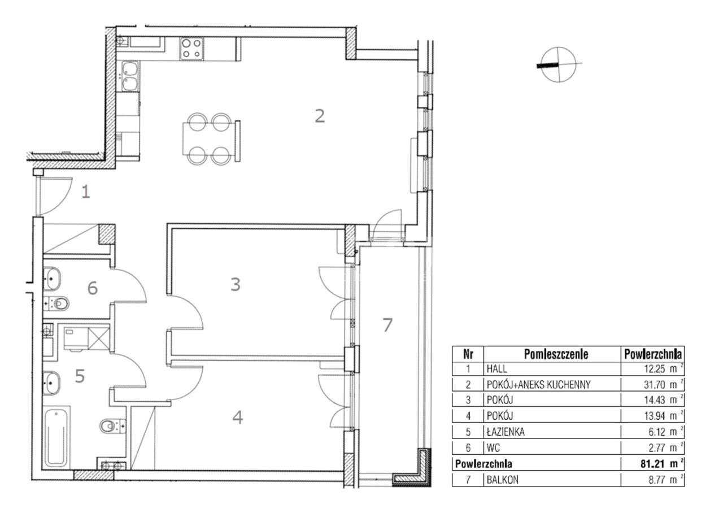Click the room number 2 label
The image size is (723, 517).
(320, 116)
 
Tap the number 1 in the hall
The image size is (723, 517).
(85, 193)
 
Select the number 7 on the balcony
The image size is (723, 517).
(387, 325)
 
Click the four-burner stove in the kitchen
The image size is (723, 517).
(191, 48)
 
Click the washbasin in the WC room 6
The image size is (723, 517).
(53, 277)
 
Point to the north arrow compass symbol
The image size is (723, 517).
(559, 63)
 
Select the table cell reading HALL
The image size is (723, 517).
(497, 370)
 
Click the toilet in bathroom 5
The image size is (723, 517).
(111, 425)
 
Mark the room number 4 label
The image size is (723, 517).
(238, 418)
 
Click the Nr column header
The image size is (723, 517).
(468, 354)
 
